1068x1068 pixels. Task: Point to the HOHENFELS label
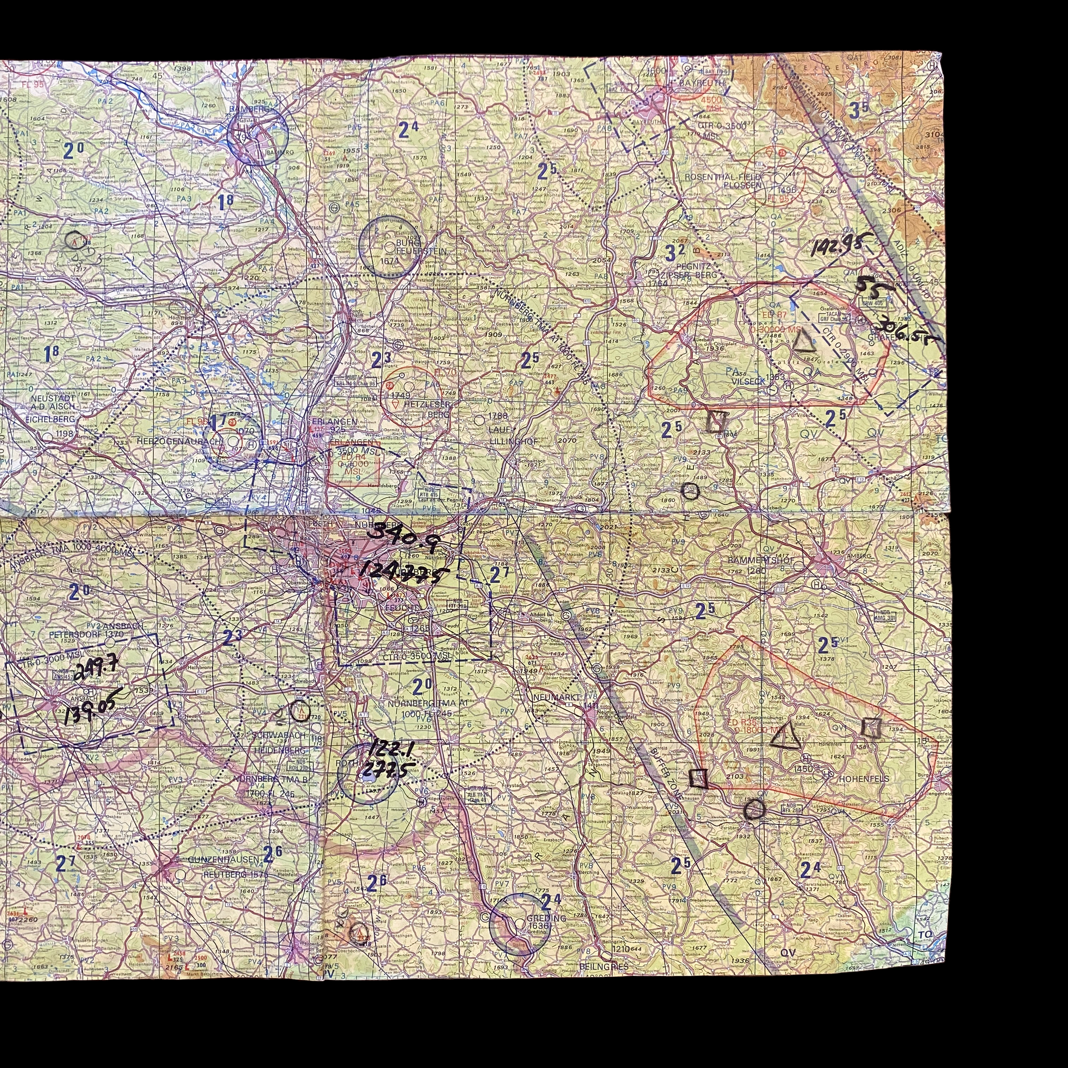(856, 778)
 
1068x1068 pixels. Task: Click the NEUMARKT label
(557, 698)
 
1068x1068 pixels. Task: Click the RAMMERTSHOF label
(763, 560)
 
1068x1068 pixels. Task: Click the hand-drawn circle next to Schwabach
(300, 710)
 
